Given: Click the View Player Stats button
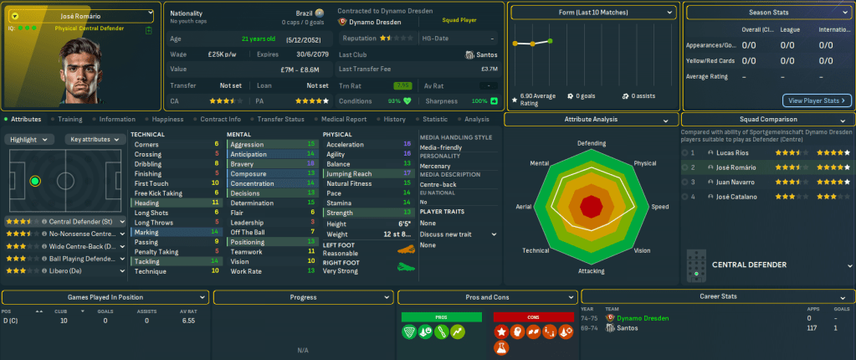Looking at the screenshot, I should [x=818, y=100].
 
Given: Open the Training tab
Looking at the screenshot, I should [x=69, y=120].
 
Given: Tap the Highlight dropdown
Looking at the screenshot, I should [x=31, y=139].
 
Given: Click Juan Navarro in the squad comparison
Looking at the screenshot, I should [x=731, y=181].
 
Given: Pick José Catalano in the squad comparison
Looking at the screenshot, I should [x=733, y=196].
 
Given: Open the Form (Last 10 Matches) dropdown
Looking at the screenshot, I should [x=592, y=13].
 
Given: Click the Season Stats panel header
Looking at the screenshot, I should [x=768, y=13].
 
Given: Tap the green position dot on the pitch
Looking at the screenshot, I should [x=35, y=181].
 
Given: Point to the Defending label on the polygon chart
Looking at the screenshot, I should [x=592, y=143].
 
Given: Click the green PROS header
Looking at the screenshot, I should [x=442, y=316].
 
